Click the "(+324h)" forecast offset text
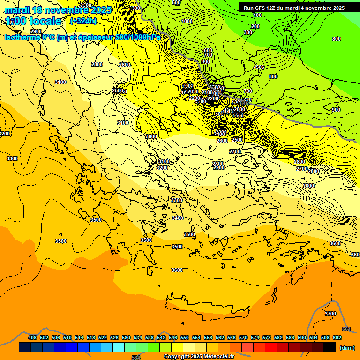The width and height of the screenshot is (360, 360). point(83,21)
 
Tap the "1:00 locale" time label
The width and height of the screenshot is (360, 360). point(33,21)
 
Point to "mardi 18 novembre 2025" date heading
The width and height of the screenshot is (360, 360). point(58,10)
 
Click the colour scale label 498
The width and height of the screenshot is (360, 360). point(32,337)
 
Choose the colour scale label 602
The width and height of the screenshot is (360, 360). point(337,337)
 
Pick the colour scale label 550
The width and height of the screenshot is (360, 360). point(185,337)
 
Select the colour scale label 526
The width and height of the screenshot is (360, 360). point(114,337)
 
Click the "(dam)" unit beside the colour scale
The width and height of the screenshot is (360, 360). point(346,347)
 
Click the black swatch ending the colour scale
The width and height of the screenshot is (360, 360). point(330,347)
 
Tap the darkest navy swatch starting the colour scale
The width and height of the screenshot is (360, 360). point(25,347)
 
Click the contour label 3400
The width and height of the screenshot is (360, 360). point(178,218)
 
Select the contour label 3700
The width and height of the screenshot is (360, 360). point(330,314)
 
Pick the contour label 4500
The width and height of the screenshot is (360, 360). point(259,67)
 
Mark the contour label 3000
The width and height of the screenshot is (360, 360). point(151,136)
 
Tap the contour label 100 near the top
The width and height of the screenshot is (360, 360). point(257,15)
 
